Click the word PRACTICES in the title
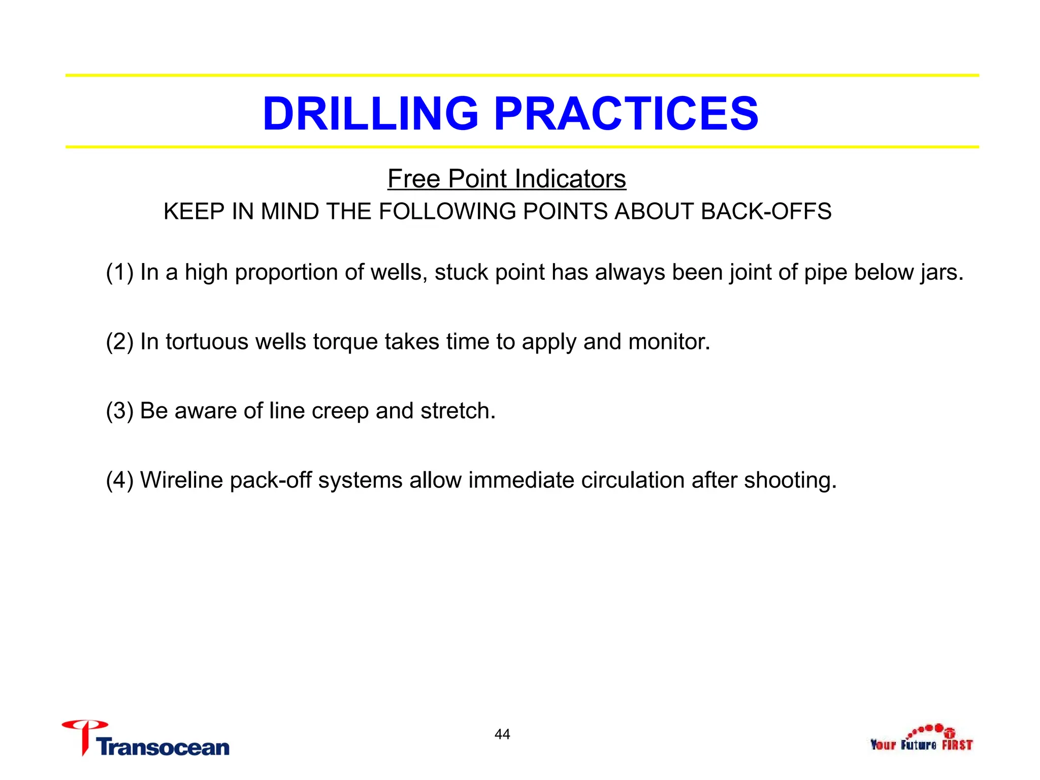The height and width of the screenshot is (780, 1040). (x=626, y=113)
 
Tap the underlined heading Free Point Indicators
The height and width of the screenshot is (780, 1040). (x=506, y=179)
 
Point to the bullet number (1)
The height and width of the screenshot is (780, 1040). (x=119, y=272)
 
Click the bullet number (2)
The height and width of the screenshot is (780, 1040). (x=119, y=341)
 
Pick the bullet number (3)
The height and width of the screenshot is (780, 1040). (x=119, y=411)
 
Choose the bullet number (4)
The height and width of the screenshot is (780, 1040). (x=119, y=480)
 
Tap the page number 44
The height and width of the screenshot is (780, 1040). (x=502, y=734)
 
